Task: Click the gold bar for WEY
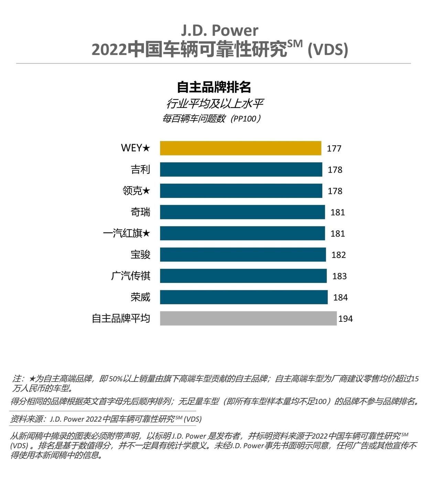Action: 240,148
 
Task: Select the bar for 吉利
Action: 241,170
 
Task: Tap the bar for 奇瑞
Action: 242,212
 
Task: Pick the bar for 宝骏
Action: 243,255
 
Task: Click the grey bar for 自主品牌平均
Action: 248,318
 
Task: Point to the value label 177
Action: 334,149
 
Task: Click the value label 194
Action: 346,319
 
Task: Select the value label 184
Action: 340,297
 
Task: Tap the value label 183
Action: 339,276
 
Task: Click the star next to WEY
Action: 146,148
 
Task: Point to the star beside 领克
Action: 146,190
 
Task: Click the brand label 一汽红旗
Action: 123,233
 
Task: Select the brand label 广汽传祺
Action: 131,276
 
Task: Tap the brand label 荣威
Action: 140,297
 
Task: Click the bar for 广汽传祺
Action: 243,276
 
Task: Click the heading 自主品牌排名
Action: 213,87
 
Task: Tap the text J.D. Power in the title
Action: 220,31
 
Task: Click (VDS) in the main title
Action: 328,50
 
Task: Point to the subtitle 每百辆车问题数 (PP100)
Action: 212,119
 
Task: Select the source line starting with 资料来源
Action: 106,419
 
